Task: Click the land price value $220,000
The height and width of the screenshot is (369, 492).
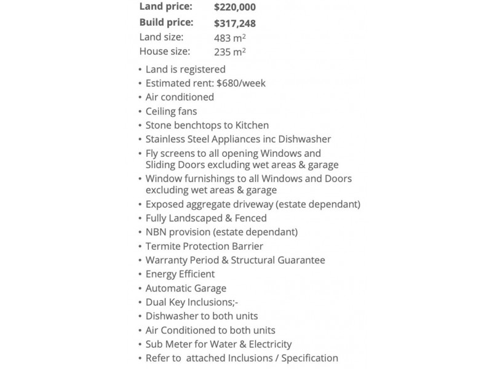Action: [x=235, y=8]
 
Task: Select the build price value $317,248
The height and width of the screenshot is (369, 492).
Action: [x=235, y=23]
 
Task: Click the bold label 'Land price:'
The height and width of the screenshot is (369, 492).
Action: [x=166, y=7]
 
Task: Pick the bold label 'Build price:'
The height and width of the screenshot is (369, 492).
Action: [x=166, y=23]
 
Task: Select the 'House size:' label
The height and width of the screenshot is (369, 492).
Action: [x=165, y=52]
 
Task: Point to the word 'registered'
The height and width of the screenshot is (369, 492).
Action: [x=203, y=69]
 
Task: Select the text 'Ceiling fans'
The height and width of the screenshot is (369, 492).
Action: [x=172, y=111]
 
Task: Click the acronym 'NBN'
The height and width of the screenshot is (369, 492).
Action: [x=156, y=232]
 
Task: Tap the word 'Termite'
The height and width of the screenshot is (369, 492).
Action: [x=163, y=246]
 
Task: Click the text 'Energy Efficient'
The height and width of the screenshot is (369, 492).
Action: [x=180, y=274]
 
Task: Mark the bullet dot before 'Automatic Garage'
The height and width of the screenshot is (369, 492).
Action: [x=140, y=288]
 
